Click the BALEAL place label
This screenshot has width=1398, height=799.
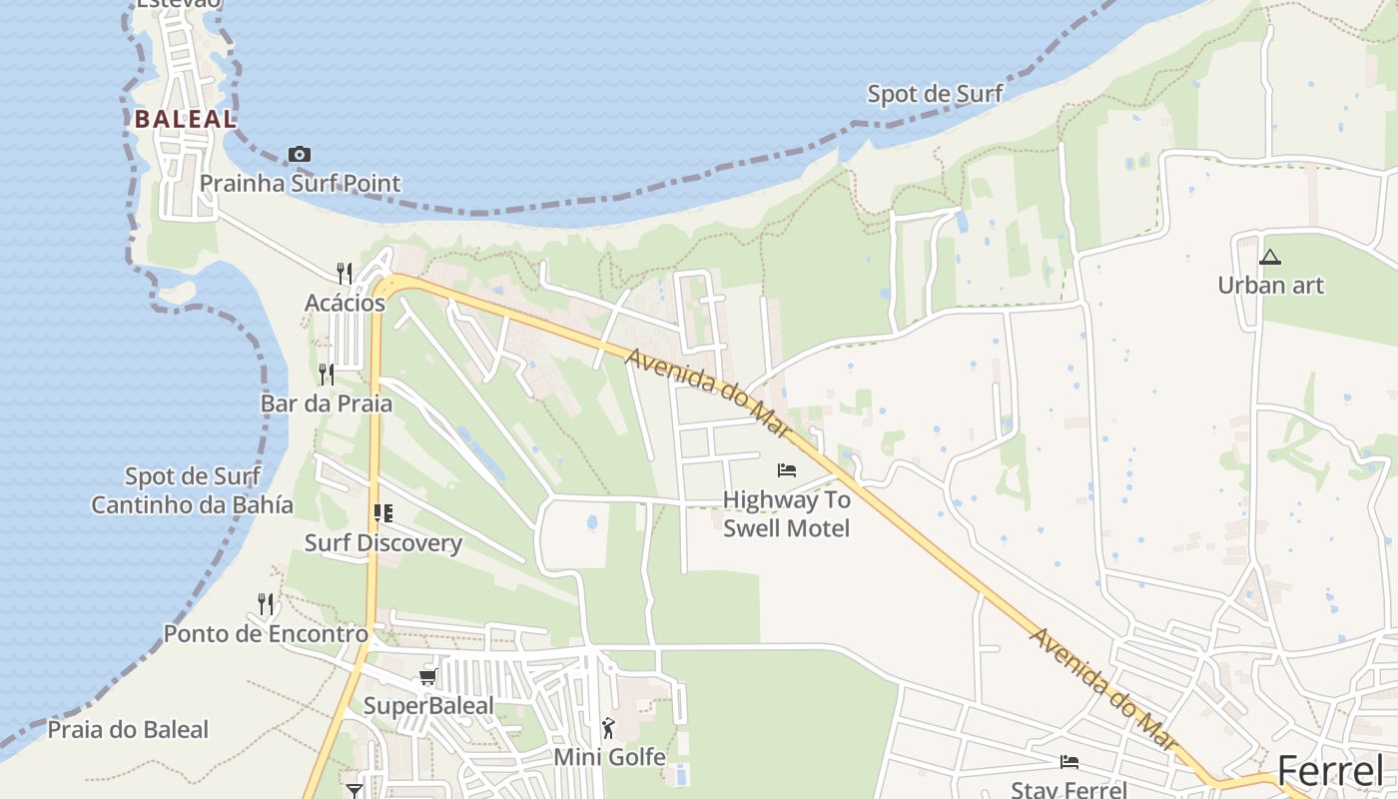pyautogui.click(x=186, y=119)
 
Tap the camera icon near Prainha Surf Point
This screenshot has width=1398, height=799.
pyautogui.click(x=299, y=154)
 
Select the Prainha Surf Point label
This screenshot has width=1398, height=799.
pyautogui.click(x=300, y=183)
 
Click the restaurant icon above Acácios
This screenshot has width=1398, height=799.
pyautogui.click(x=345, y=273)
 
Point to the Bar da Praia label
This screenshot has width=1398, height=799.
pyautogui.click(x=326, y=403)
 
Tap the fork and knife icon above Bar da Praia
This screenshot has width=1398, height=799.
pyautogui.click(x=327, y=375)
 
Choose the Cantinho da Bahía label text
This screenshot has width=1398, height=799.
pyautogui.click(x=192, y=504)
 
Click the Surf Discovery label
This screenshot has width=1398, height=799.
pyautogui.click(x=382, y=543)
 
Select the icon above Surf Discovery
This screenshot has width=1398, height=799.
pyautogui.click(x=382, y=513)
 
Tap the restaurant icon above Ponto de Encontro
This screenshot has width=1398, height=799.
pyautogui.click(x=266, y=603)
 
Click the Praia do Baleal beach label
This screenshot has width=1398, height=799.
pyautogui.click(x=128, y=730)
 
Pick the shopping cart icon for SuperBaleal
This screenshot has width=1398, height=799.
pyautogui.click(x=428, y=677)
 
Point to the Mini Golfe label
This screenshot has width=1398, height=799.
pyautogui.click(x=609, y=757)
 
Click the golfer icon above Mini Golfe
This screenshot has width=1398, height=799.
pyautogui.click(x=608, y=728)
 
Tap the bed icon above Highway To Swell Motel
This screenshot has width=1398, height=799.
pyautogui.click(x=787, y=469)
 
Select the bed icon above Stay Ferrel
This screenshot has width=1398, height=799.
pyautogui.click(x=1069, y=762)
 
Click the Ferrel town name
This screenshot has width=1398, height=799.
pyautogui.click(x=1330, y=771)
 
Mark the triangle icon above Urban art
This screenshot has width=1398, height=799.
pyautogui.click(x=1270, y=257)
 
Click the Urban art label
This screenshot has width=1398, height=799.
pyautogui.click(x=1270, y=286)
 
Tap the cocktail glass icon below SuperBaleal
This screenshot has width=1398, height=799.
pyautogui.click(x=354, y=791)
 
